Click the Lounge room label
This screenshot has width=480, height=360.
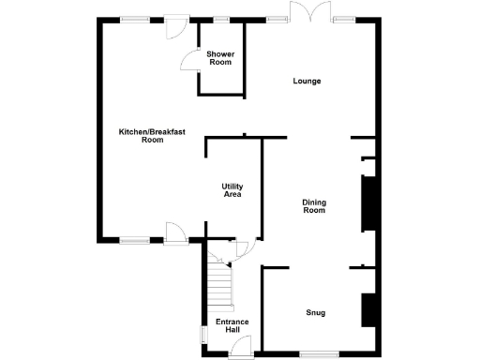307,82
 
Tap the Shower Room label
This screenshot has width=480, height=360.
220,58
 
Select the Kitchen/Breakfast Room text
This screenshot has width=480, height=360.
152,136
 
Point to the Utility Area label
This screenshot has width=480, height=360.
232,190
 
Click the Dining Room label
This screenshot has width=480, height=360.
313,206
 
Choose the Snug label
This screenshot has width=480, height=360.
315,312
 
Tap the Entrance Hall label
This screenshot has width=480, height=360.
232,326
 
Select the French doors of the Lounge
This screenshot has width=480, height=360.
309,13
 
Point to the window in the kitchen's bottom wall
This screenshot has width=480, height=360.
134,241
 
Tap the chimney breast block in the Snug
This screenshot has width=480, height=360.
368,308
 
